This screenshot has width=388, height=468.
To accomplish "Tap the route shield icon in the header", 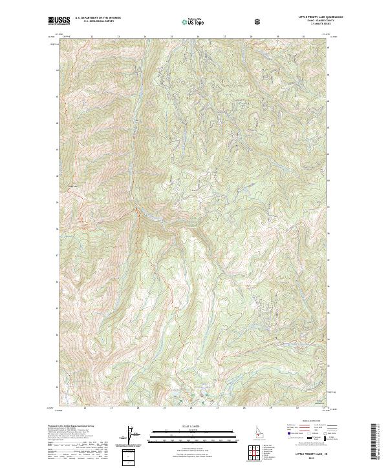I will coord(259,21).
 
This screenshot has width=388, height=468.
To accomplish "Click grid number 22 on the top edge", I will coord(92,37).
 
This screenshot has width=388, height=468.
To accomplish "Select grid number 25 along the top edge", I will coord(171,37).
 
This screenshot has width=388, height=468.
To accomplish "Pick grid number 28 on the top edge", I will coord(251,37).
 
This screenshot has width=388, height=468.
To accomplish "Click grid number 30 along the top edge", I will coord(304,37).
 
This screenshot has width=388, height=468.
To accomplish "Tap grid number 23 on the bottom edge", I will coord(111,408).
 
